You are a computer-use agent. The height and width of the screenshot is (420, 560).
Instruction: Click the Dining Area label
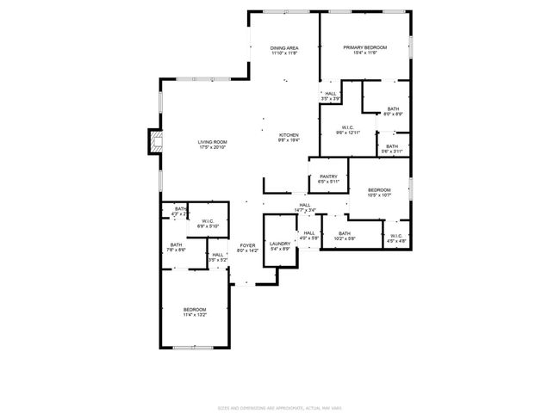click(284, 48)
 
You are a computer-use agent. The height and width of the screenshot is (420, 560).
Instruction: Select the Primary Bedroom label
click(364, 47)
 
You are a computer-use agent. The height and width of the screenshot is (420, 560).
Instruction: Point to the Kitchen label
click(288, 136)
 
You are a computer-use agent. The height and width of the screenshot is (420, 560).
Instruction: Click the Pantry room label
click(328, 176)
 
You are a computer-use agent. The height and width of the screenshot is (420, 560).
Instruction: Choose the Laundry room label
click(279, 244)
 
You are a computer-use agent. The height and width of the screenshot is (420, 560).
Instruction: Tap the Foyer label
click(248, 246)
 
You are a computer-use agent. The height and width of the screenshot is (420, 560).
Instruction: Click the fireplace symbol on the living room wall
click(154, 142)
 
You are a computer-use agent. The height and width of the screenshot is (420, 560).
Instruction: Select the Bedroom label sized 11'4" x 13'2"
click(195, 310)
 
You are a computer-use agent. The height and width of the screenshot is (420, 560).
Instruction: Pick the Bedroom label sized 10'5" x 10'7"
click(379, 190)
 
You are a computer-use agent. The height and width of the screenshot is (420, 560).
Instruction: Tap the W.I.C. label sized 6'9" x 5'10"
click(208, 222)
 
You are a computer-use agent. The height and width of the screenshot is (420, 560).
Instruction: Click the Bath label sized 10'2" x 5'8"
click(345, 234)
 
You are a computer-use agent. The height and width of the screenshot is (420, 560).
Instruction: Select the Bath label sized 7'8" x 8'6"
click(175, 246)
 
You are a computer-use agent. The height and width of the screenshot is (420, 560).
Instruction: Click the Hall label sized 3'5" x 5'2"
click(218, 255)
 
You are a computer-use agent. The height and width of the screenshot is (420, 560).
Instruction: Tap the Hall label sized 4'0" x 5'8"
click(308, 234)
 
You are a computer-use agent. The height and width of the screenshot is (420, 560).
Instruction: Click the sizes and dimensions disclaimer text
click(280, 408)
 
